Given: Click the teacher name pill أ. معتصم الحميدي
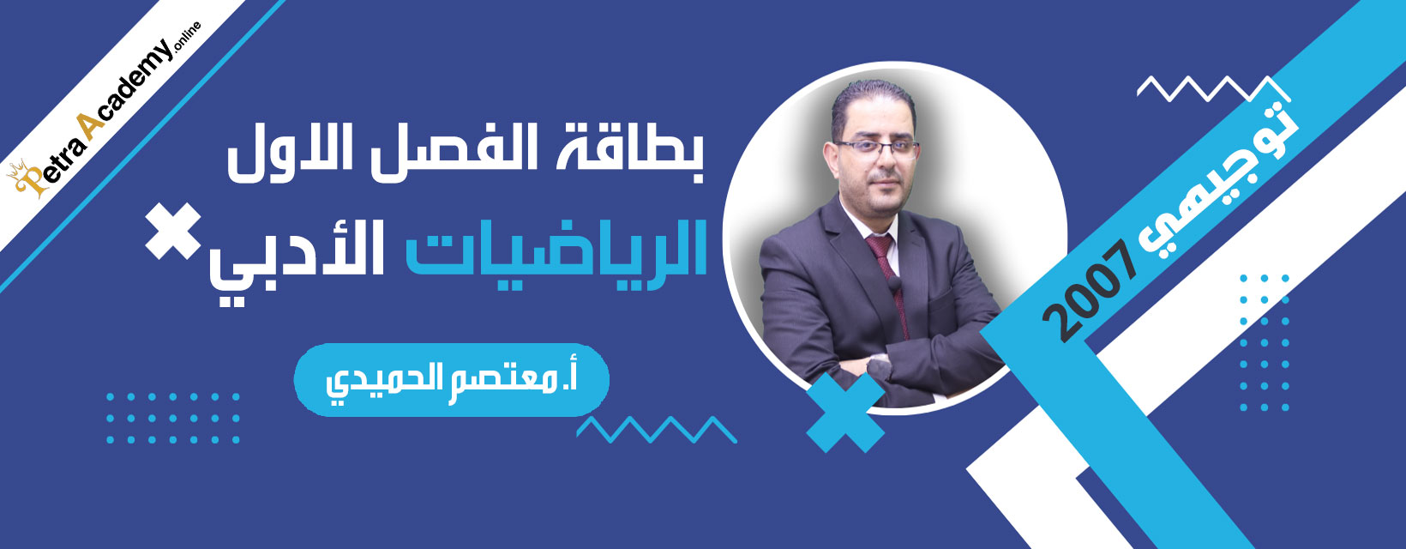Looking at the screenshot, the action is (451, 380).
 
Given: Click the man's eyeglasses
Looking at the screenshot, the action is (878, 148).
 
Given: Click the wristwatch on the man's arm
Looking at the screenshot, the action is (879, 366).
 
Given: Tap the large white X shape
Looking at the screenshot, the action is (173, 231).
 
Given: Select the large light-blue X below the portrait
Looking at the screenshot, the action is (845, 413).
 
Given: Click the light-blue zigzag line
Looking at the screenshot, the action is (657, 430).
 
